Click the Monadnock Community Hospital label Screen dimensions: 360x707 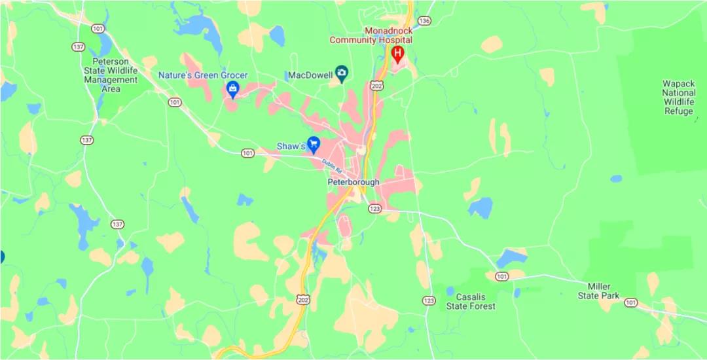point(371,35)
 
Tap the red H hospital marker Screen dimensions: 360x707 point(397,53)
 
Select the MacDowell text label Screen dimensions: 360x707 point(310,75)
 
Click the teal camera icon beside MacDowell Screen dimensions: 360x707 point(341,72)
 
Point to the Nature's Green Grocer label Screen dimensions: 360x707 point(203,75)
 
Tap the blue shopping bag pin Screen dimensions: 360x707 point(232,88)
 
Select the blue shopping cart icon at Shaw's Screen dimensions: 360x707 point(314,143)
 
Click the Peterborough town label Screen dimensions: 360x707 point(353,182)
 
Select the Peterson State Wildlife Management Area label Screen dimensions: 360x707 point(111,75)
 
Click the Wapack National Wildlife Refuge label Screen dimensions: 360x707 point(678,98)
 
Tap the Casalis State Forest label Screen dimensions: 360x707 point(471,302)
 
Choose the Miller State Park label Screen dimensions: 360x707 point(598,291)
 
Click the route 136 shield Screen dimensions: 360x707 point(424,20)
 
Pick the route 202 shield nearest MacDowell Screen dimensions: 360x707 point(376,86)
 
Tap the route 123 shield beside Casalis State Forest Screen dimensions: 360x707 point(428,300)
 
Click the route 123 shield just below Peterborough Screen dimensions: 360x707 point(374,208)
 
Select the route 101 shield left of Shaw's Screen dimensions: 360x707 point(247,153)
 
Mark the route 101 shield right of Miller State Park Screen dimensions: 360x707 point(630,302)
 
